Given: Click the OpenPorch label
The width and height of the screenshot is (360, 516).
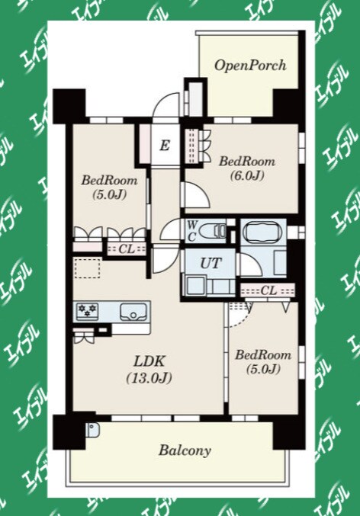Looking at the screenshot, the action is [x=250, y=66].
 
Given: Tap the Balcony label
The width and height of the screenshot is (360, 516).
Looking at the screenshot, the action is [x=185, y=450].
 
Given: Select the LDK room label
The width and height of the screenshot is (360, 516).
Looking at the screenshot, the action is [x=149, y=361].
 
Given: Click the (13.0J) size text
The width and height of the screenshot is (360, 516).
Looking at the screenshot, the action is [x=149, y=378].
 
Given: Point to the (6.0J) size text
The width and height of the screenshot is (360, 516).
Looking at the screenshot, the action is [x=247, y=175].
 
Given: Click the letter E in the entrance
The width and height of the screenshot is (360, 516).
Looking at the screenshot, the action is [x=165, y=145].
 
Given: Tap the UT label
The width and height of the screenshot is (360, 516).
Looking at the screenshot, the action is [x=211, y=263].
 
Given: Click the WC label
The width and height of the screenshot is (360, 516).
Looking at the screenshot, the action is [x=192, y=232].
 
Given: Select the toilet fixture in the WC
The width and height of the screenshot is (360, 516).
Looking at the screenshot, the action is [x=213, y=231].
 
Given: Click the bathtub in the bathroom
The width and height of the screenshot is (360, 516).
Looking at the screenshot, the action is [x=262, y=233].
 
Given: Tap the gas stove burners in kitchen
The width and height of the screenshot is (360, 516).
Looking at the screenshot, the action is [x=87, y=310].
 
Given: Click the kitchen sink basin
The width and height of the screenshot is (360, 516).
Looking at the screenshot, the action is [x=133, y=311].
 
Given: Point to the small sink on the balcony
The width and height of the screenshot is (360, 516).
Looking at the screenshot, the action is [x=92, y=429].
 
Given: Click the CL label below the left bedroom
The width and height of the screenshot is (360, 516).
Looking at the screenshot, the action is [x=127, y=249].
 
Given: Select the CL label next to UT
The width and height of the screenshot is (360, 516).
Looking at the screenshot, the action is [x=268, y=290].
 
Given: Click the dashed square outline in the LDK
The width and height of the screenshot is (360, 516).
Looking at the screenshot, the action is [x=87, y=268].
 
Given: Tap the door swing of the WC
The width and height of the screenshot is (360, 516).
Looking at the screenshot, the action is [x=171, y=229].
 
